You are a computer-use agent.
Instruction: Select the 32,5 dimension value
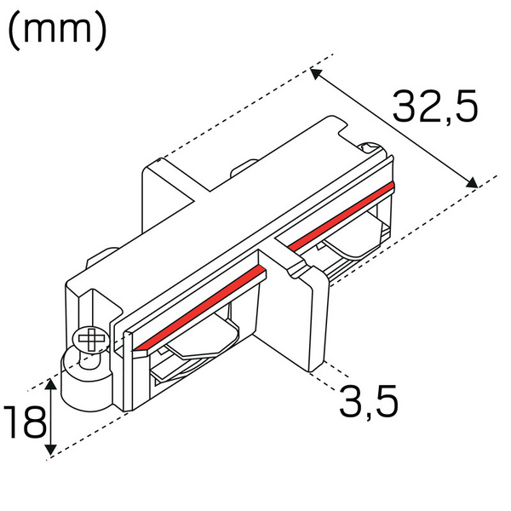[435, 106]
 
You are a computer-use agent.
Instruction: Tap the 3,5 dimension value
[369, 399]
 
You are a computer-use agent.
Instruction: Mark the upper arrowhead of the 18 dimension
[52, 387]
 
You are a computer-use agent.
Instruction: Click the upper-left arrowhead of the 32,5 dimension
[315, 75]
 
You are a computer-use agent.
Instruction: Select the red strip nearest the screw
[200, 305]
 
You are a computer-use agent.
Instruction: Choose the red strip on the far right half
[341, 215]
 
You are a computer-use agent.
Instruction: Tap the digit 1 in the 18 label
[12, 422]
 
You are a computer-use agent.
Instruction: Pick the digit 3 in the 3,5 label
[352, 399]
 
